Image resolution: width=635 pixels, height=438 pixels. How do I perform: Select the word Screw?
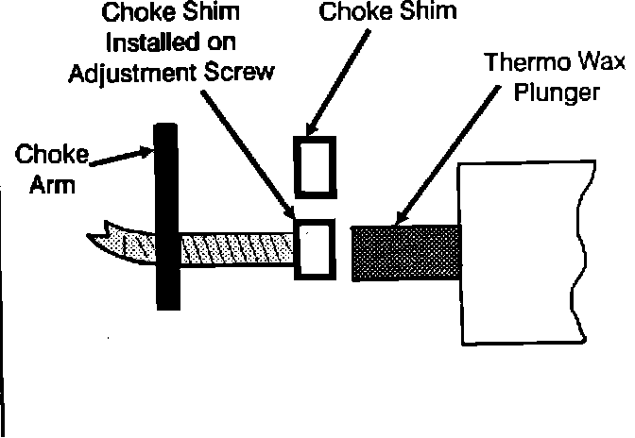point(248,72)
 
